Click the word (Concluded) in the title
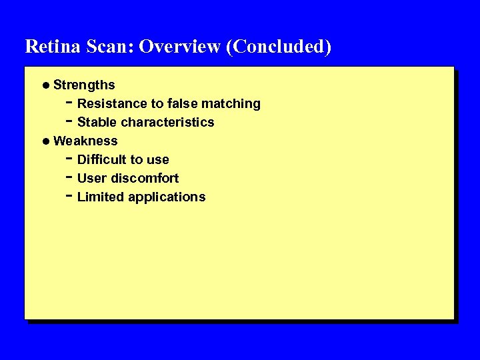[279, 47]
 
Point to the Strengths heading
[84, 85]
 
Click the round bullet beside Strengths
[45, 85]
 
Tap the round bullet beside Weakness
[45, 141]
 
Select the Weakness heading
[85, 141]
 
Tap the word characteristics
[168, 122]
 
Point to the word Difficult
[102, 159]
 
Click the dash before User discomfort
[70, 177]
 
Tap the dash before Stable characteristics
[70, 121]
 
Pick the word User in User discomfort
[91, 178]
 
